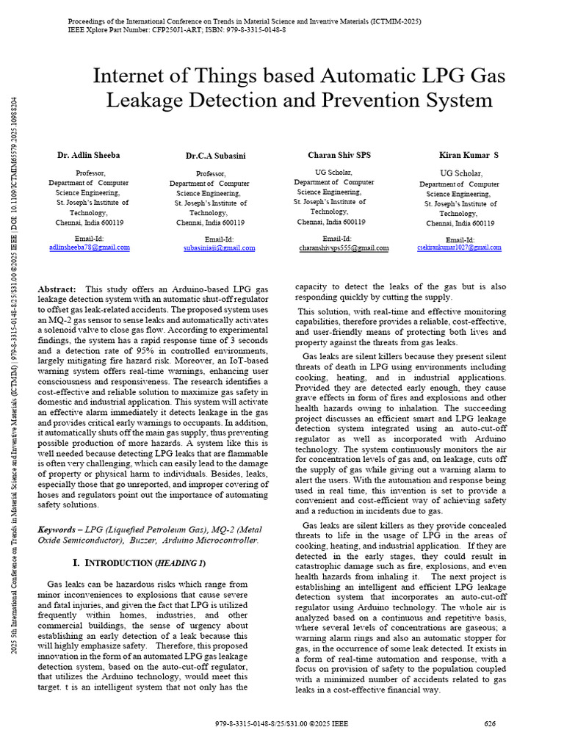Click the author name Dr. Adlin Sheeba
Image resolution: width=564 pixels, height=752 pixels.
[x=89, y=156]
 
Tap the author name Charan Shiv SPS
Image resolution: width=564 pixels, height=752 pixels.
[x=339, y=155]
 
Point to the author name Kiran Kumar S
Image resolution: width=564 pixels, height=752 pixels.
[x=469, y=155]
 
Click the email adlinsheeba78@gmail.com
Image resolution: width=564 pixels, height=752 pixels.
[x=89, y=247]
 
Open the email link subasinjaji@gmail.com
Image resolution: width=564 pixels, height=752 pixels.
[x=220, y=248]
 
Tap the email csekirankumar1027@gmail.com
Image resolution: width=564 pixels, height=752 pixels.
[x=459, y=248]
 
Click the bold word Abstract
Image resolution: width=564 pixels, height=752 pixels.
[x=57, y=290]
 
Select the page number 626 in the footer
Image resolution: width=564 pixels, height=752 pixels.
[x=490, y=723]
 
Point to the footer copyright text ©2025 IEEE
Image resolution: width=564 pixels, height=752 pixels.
[x=330, y=723]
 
